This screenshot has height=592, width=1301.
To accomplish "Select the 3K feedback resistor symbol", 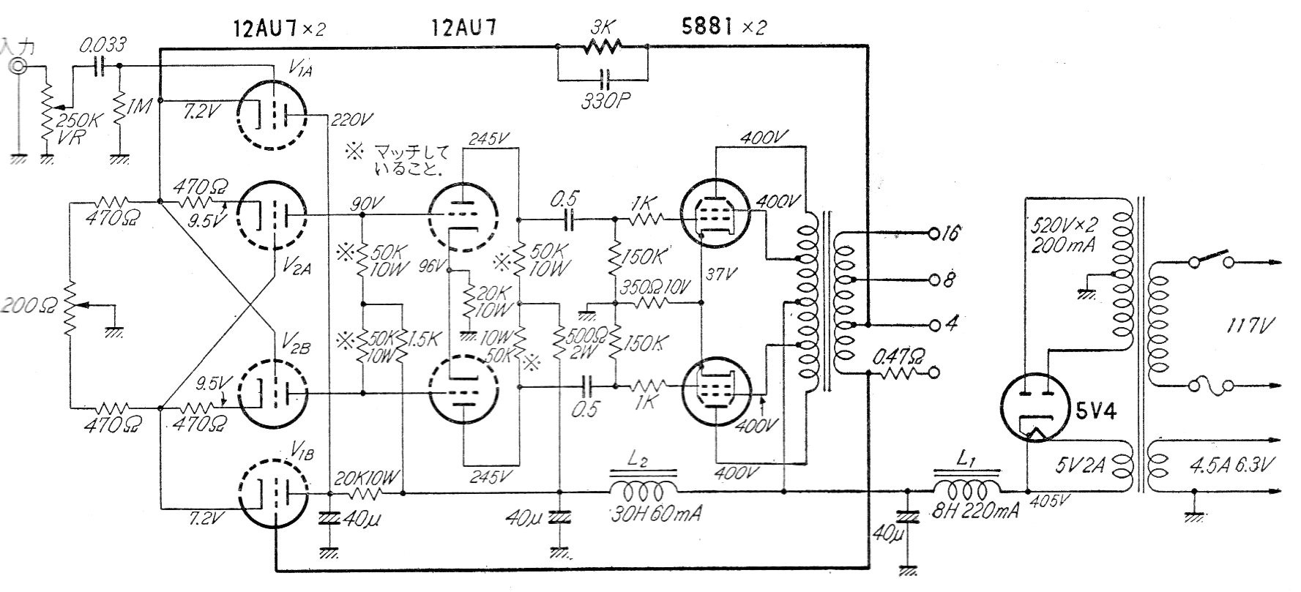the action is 603,48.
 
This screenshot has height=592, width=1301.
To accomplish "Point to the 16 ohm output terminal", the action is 932,235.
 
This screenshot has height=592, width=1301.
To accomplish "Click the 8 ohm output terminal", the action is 932,280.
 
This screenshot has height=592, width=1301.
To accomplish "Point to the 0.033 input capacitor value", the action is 103,45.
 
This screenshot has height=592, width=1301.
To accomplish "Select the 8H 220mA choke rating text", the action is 967,511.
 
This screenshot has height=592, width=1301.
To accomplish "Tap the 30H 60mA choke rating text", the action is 655,513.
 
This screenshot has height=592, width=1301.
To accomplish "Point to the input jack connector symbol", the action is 17,67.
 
